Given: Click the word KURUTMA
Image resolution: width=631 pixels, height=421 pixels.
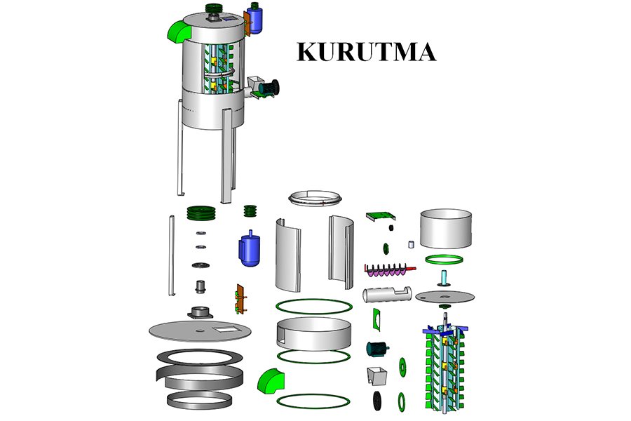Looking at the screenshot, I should pyautogui.click(x=366, y=53).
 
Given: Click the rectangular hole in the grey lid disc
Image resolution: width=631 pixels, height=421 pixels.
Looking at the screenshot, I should pyautogui.click(x=226, y=328).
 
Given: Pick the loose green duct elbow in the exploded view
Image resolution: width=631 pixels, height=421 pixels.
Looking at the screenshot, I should pyautogui.click(x=270, y=382).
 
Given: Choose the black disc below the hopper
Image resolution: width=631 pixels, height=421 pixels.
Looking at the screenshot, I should pyautogui.click(x=379, y=401).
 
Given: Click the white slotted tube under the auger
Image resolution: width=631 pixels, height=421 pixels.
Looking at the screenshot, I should pyautogui.click(x=386, y=293).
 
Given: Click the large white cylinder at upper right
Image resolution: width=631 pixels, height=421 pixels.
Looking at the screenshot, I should pyautogui.click(x=445, y=229).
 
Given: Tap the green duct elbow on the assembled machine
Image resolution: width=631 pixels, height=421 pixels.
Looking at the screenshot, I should pyautogui.click(x=180, y=30).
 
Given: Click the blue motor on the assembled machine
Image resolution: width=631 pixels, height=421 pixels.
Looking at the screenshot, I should pyautogui.click(x=255, y=20).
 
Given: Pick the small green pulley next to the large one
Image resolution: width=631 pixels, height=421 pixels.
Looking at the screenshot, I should pyautogui.click(x=250, y=211).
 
